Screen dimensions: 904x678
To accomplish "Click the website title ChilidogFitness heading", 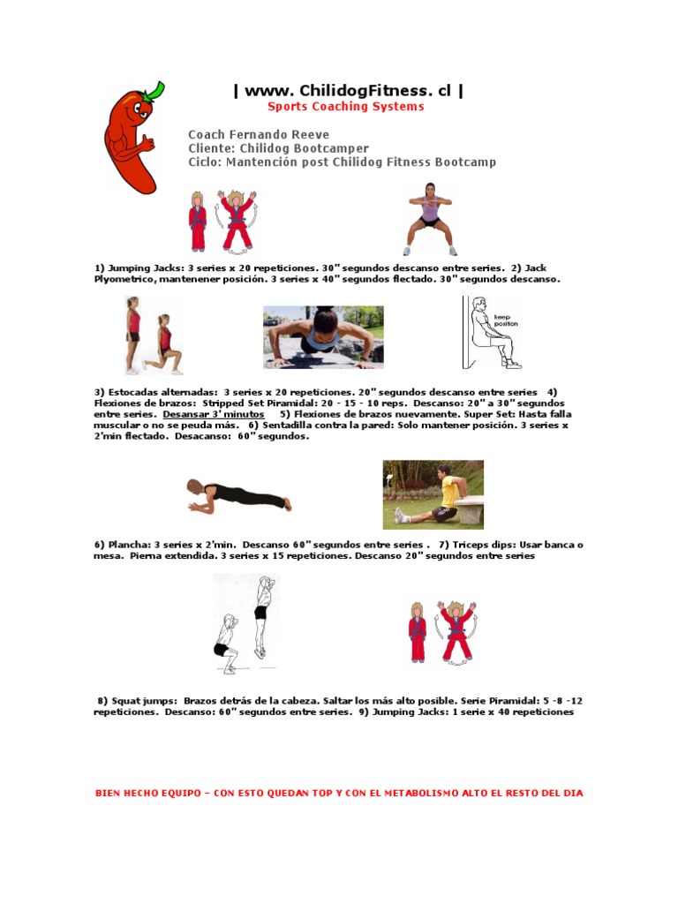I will point(347,90).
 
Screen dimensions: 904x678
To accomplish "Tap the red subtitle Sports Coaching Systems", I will point(346,107).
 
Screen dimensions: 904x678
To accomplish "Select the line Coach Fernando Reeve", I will point(259,135).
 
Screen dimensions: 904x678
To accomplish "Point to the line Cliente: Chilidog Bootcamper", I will point(278,148).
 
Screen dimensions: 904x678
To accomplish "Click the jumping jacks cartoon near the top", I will point(222,221).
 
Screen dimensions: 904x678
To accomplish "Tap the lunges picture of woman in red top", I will point(153,335).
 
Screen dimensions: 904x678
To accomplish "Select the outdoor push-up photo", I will point(323,337).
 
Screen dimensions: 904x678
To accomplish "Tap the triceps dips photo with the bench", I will point(433,494).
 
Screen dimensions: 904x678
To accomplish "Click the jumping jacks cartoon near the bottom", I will point(442,632).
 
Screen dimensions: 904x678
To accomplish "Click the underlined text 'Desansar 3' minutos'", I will point(213,413).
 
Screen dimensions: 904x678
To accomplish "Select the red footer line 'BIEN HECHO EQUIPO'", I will point(339,793).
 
